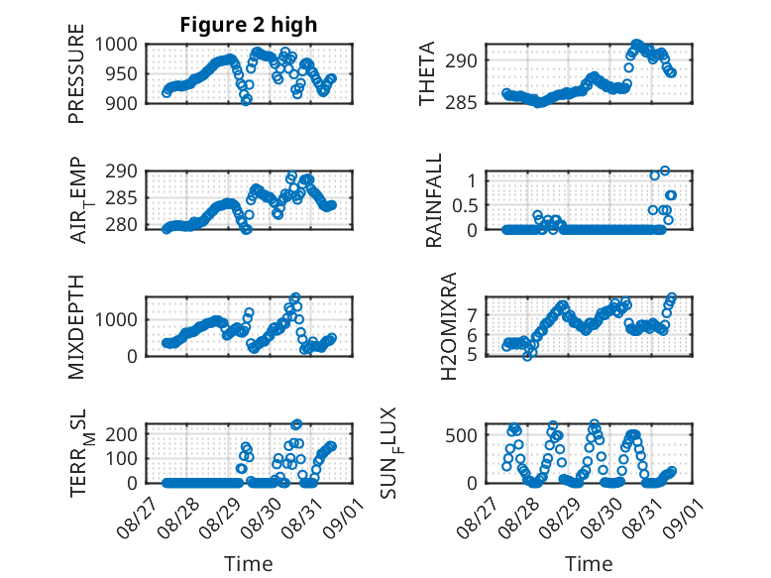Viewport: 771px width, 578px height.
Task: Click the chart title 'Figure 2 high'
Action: point(249,25)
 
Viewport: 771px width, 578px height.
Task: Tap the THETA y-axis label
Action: point(427,73)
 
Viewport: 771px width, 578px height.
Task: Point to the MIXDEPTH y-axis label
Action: point(76,327)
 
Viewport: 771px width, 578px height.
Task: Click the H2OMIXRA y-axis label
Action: point(449,326)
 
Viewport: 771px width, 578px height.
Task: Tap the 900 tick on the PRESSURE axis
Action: point(127,102)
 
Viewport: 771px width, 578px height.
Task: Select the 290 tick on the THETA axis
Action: point(468,60)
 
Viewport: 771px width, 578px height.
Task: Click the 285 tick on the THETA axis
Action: point(468,102)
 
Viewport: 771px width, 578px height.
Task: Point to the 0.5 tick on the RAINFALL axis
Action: point(465,205)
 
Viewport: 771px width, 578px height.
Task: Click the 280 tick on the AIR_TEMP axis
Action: point(127,225)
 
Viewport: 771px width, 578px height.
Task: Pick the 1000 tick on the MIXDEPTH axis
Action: point(120,319)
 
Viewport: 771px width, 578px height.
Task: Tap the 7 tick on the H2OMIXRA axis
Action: point(474,314)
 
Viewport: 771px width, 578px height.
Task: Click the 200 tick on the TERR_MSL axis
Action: point(127,434)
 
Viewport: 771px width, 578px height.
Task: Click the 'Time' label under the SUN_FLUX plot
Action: point(589,564)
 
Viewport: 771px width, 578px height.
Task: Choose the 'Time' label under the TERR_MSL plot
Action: point(249,564)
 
